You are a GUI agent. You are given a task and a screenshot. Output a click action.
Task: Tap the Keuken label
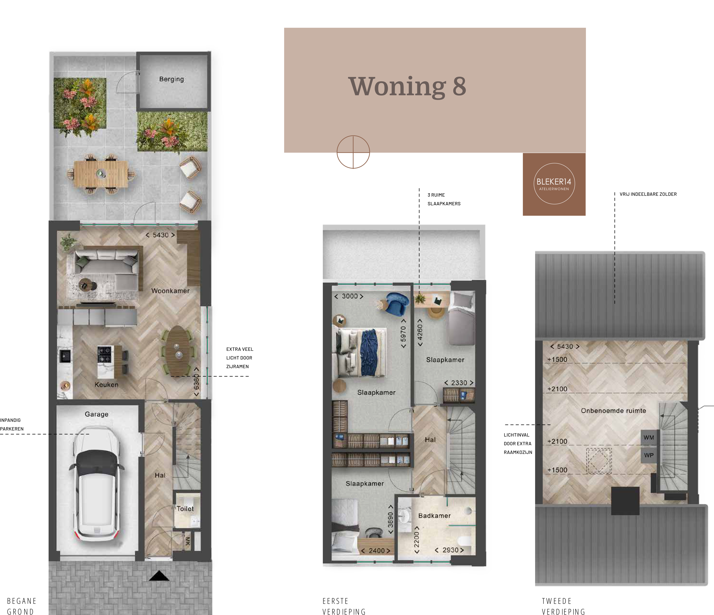click(x=107, y=385)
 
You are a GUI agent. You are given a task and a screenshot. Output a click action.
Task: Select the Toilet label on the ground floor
click(x=185, y=509)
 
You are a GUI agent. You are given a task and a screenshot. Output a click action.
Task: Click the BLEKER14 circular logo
click(x=554, y=184)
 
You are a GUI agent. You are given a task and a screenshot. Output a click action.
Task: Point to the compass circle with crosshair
click(x=353, y=152)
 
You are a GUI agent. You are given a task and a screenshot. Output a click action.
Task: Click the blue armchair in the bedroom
click(x=397, y=304)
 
